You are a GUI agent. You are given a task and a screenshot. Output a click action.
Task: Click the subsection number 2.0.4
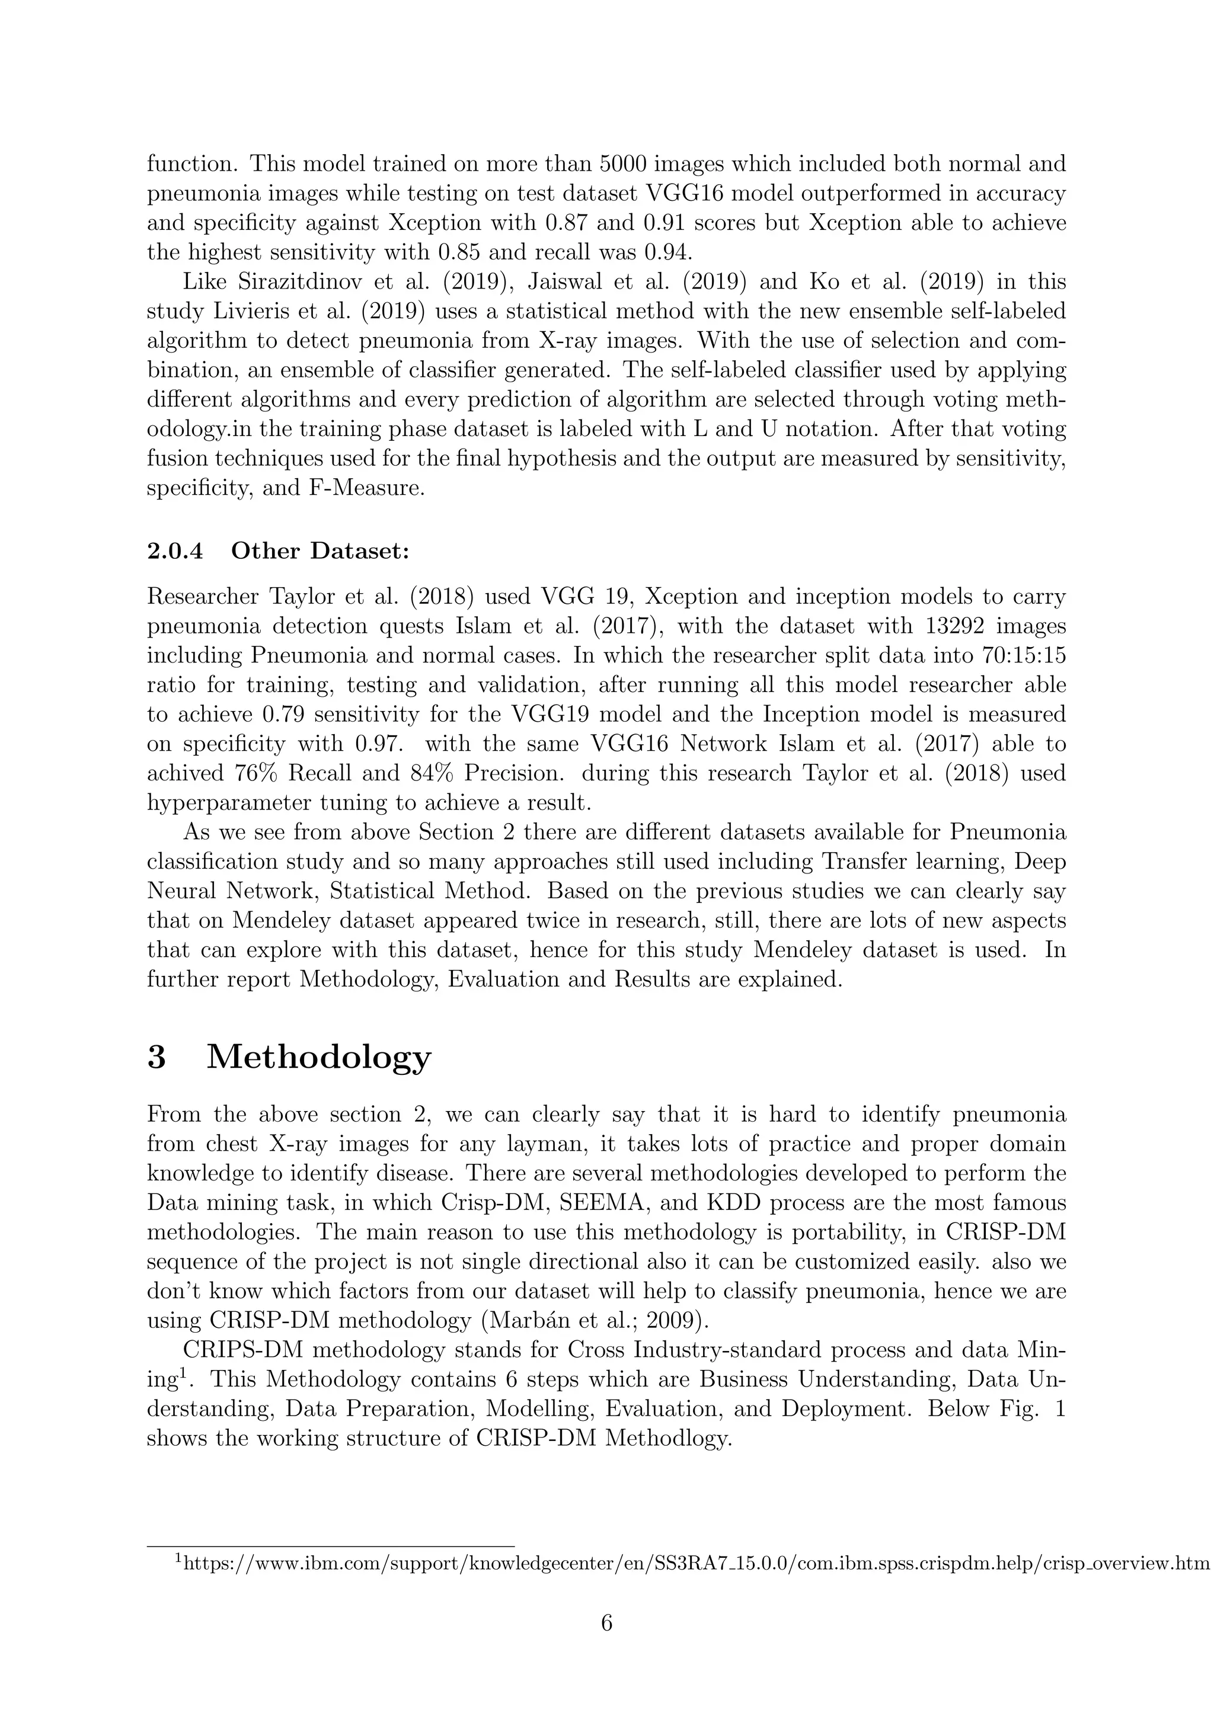pyautogui.click(x=174, y=552)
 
